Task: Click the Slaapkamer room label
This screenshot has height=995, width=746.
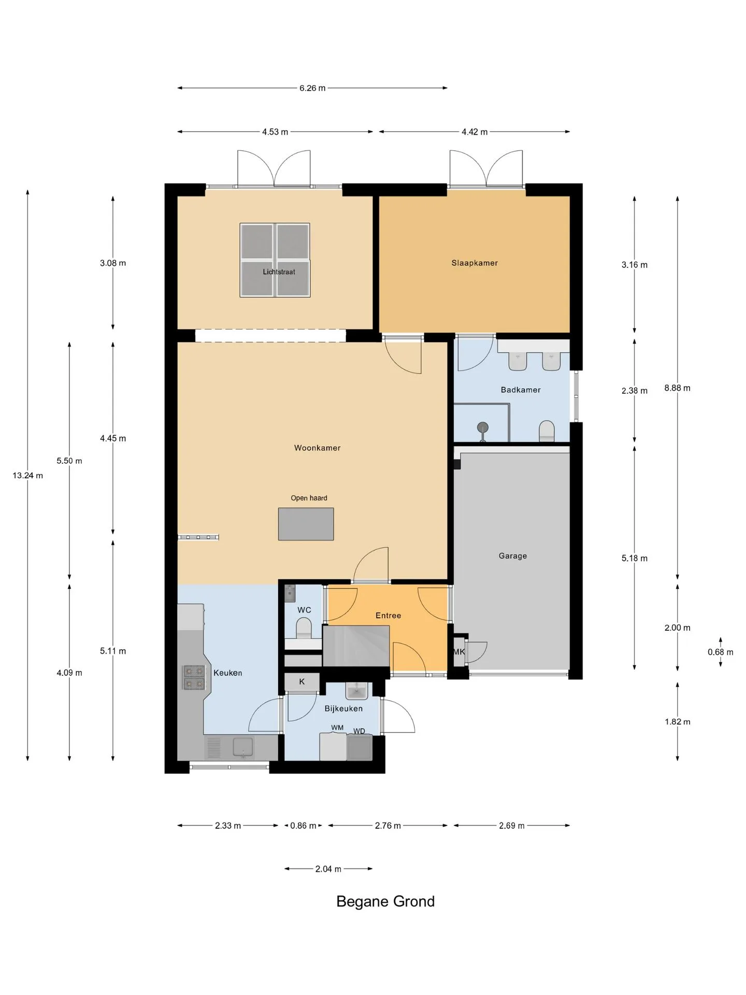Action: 475,263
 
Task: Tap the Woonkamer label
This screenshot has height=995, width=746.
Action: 317,448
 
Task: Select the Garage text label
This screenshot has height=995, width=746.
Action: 513,556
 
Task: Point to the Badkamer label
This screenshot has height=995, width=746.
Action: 521,390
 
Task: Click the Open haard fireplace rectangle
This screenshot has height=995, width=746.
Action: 306,524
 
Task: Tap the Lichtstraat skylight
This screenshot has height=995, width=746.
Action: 275,260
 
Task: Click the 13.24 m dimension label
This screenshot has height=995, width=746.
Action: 28,475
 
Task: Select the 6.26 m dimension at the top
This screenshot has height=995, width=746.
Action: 312,88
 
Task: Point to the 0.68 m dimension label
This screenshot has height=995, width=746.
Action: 721,652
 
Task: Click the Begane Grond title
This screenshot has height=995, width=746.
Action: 385,901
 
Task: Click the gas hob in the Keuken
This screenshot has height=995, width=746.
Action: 194,677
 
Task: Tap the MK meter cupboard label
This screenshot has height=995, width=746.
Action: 459,652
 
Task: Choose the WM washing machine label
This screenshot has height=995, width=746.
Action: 337,728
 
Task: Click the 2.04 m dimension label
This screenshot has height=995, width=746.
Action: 328,869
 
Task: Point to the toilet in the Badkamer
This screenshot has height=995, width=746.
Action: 547,431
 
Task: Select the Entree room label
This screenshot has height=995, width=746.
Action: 388,615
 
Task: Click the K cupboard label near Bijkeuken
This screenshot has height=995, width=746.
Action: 302,681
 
